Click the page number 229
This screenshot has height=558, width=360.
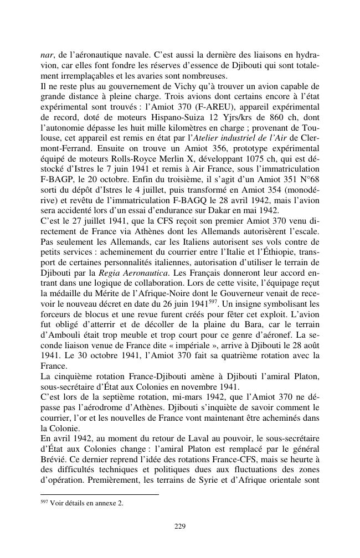[x=180, y=526]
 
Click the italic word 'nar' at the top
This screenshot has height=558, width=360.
[x=46, y=56]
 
